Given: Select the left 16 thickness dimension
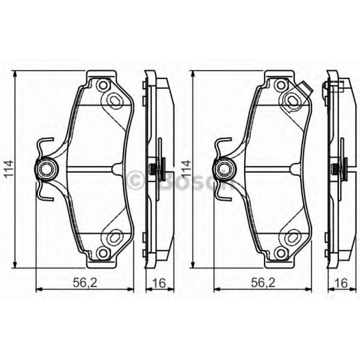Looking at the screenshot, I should pyautogui.click(x=159, y=282).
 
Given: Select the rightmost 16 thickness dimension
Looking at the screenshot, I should pyautogui.click(x=341, y=282).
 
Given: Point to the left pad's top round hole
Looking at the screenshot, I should pyautogui.click(x=103, y=85).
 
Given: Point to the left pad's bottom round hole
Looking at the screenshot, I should pyautogui.click(x=103, y=253).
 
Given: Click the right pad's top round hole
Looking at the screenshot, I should pyautogui.click(x=280, y=85).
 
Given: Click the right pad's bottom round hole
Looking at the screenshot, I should pyautogui.click(x=280, y=253).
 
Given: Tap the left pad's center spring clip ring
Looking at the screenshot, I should pyautogui.click(x=45, y=169).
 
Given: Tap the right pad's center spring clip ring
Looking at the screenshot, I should pyautogui.click(x=223, y=169).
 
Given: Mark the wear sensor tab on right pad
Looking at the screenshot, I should pyautogui.click(x=306, y=89).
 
